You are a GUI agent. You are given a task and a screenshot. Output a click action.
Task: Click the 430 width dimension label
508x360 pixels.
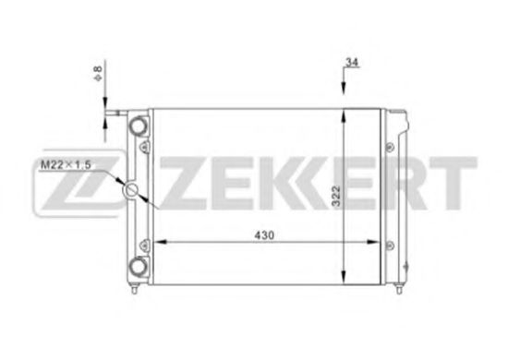point(264,235)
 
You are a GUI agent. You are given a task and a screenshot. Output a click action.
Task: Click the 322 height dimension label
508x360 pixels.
point(336,196)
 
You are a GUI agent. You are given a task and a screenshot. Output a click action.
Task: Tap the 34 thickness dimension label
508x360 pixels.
point(352,62)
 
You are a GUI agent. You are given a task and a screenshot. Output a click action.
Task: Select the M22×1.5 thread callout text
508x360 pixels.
point(66,164)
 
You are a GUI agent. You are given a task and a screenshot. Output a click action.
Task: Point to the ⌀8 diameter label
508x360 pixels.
point(98,74)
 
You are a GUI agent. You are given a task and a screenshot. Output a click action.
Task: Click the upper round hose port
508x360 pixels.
point(139,125)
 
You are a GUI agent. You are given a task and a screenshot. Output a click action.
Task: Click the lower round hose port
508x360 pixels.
point(139,266)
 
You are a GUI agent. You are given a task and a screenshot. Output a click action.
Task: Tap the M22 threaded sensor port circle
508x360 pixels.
point(131,190)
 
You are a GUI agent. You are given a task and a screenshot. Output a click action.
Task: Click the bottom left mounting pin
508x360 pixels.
point(135,288)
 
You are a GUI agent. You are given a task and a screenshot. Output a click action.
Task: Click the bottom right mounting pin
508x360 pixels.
point(399,288)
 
